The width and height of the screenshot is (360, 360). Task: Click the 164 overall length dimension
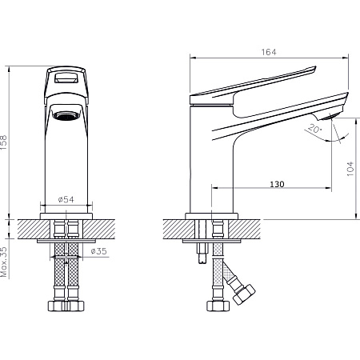coord(269,52)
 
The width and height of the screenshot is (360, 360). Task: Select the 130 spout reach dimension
coord(277,184)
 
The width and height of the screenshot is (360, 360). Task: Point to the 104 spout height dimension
coord(350,168)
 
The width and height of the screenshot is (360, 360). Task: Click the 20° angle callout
coord(314,128)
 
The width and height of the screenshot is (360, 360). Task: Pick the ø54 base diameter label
coord(66,199)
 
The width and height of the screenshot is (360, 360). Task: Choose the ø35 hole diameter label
coord(98,251)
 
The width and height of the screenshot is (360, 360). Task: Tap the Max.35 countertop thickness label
coord(4,262)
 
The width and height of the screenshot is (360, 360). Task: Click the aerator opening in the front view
coord(66,115)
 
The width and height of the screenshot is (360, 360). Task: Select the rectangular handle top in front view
coord(66,78)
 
